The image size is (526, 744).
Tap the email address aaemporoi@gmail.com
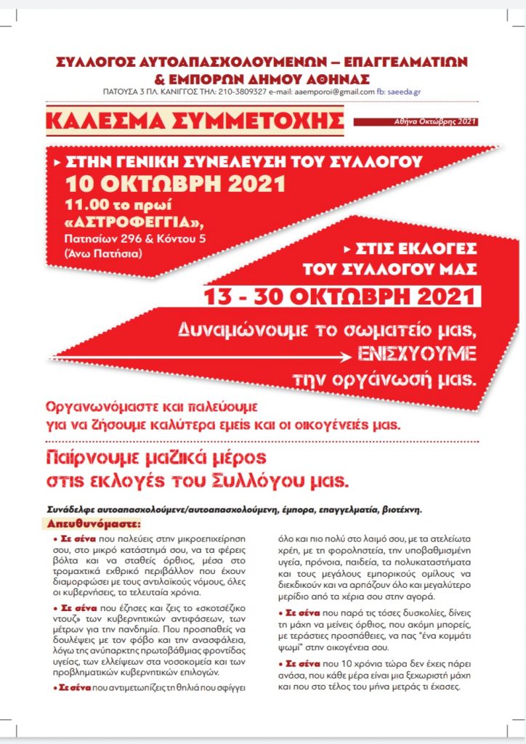click(331, 92)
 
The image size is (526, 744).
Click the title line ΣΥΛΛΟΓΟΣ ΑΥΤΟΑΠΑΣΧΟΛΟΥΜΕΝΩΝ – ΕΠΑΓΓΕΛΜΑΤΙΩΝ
click(262, 61)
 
